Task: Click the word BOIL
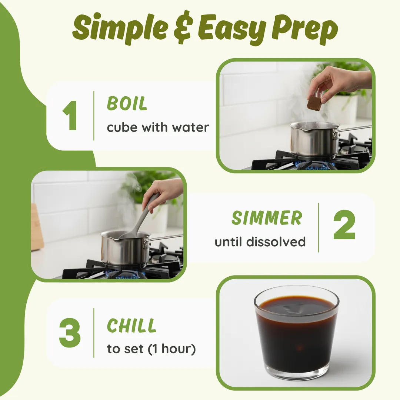point(127,103)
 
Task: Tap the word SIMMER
point(267,218)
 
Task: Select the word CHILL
point(131,326)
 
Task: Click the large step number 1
point(70,115)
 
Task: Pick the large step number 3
point(70,333)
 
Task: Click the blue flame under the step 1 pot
point(315,166)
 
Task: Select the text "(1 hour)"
point(172,349)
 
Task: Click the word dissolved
point(276,241)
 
